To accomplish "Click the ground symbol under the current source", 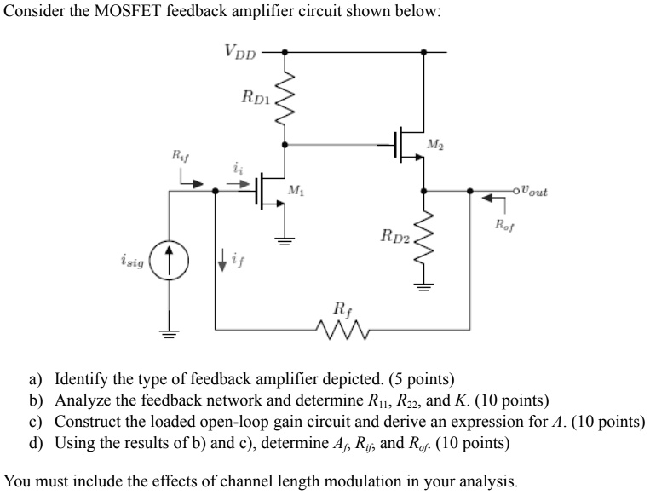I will [x=169, y=333].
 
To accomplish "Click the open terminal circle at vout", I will [x=516, y=192].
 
